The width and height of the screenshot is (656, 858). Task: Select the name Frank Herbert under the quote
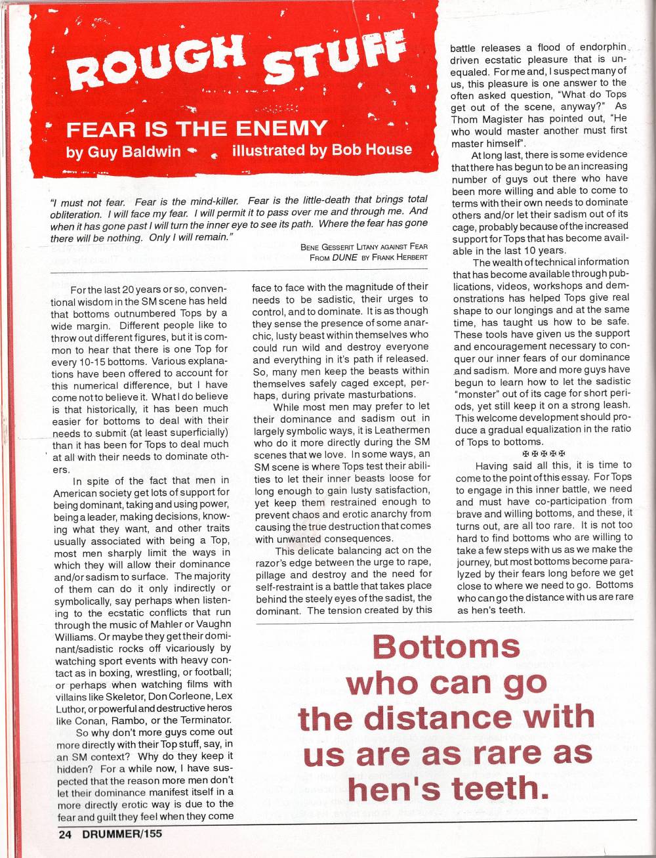[401, 257]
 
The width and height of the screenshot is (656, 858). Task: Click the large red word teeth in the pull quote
[500, 788]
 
